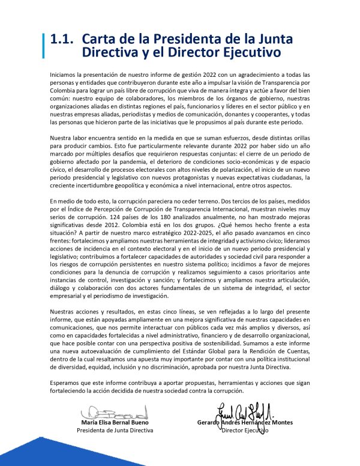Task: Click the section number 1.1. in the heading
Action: [x=62, y=38]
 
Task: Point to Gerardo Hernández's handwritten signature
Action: [x=240, y=411]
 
